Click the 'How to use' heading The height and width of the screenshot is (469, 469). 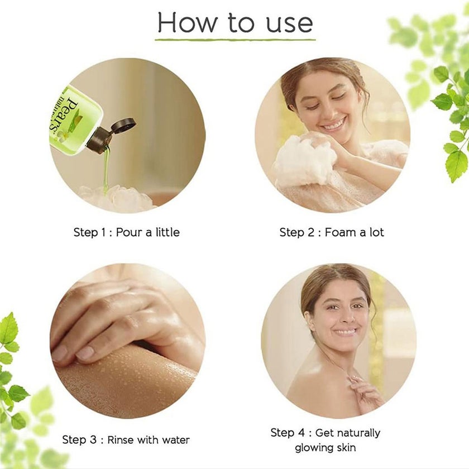235,23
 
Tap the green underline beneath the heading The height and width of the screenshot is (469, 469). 235,40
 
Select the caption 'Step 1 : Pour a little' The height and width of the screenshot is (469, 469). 127,232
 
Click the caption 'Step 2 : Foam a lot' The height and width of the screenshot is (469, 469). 332,232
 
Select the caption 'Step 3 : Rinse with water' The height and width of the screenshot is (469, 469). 126,440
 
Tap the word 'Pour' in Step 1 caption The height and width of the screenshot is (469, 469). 130,232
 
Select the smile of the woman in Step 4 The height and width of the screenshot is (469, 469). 344,332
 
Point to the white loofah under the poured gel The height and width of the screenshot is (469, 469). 117,198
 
